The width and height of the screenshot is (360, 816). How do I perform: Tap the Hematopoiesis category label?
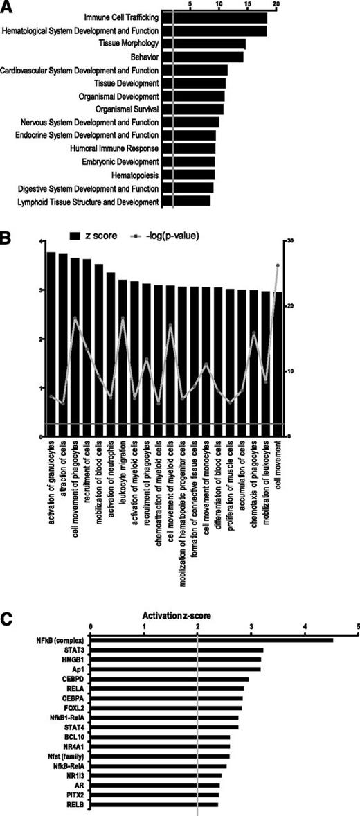134,175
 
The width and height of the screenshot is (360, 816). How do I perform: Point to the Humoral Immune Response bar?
188,149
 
